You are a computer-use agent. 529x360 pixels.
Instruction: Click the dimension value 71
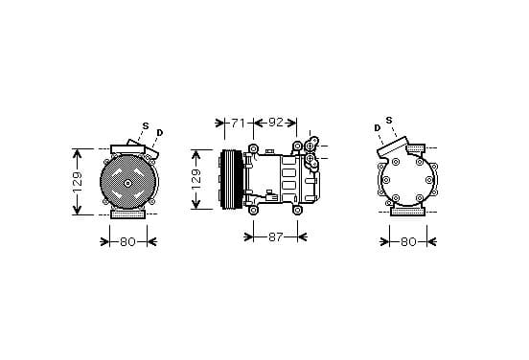(238, 124)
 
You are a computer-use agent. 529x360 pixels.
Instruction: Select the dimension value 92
(276, 123)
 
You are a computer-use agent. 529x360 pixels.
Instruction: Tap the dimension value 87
(275, 237)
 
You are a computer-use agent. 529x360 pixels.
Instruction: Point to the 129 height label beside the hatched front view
(78, 182)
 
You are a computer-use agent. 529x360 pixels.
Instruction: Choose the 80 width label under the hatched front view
(127, 241)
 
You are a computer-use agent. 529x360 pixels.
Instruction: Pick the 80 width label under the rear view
(408, 241)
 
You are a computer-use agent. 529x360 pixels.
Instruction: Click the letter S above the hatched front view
(146, 126)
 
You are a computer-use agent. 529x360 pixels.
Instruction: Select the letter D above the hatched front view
(160, 133)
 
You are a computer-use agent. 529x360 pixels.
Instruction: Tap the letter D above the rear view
(378, 128)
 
